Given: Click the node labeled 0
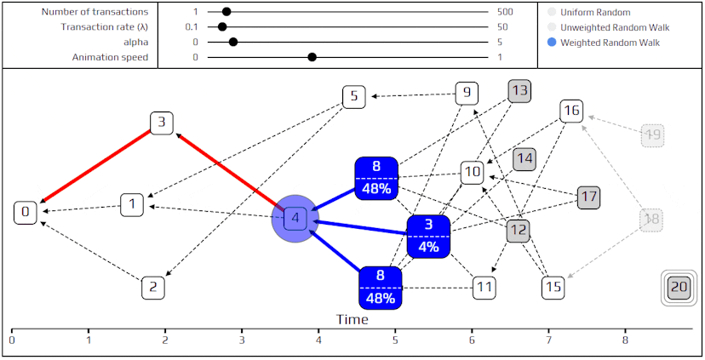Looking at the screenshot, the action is (26, 213).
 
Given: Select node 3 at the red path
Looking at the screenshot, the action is (162, 123).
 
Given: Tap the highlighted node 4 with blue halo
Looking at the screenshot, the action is (295, 219).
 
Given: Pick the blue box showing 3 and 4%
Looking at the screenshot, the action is (428, 237).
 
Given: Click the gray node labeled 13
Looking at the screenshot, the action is (519, 91).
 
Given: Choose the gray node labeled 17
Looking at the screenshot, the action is (588, 197).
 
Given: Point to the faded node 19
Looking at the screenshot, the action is (652, 134).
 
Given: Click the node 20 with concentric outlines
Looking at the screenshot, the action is (679, 287).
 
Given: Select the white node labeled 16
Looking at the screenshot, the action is (571, 111).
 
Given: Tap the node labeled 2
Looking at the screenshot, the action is (153, 288).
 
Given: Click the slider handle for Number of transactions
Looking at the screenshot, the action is (226, 12).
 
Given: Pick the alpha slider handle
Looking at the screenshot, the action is (233, 43).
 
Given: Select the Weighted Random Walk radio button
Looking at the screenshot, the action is (552, 43).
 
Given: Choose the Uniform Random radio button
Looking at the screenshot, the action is (552, 12).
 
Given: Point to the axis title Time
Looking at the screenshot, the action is (352, 319).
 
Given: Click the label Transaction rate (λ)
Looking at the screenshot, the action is (105, 27).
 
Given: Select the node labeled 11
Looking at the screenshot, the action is (484, 288).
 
